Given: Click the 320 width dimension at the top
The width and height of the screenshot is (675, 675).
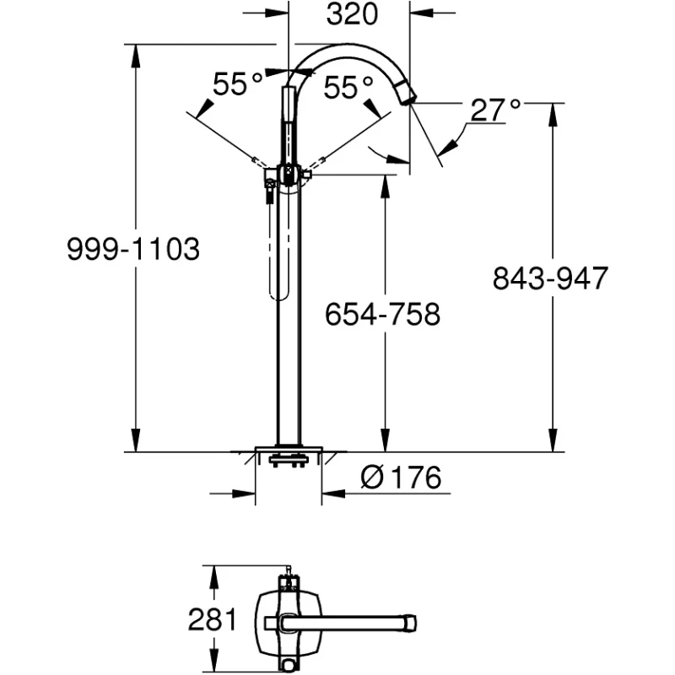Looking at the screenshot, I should pos(348,14).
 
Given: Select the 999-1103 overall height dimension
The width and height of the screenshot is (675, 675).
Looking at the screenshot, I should pos(134,250).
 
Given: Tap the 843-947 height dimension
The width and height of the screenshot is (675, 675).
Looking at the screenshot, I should pos(550,278).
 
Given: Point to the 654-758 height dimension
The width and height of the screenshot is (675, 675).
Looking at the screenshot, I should pos(384,315).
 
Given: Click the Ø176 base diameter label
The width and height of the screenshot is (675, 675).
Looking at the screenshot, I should pos(401,478).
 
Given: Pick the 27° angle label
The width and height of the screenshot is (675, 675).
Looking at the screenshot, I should pos(496,110).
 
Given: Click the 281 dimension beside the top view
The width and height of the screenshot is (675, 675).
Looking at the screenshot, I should pos(211,620).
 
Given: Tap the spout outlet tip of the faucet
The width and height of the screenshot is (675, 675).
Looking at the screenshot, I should pos(408,99).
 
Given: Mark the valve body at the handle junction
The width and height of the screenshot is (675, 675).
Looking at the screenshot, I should pos(289,175).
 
